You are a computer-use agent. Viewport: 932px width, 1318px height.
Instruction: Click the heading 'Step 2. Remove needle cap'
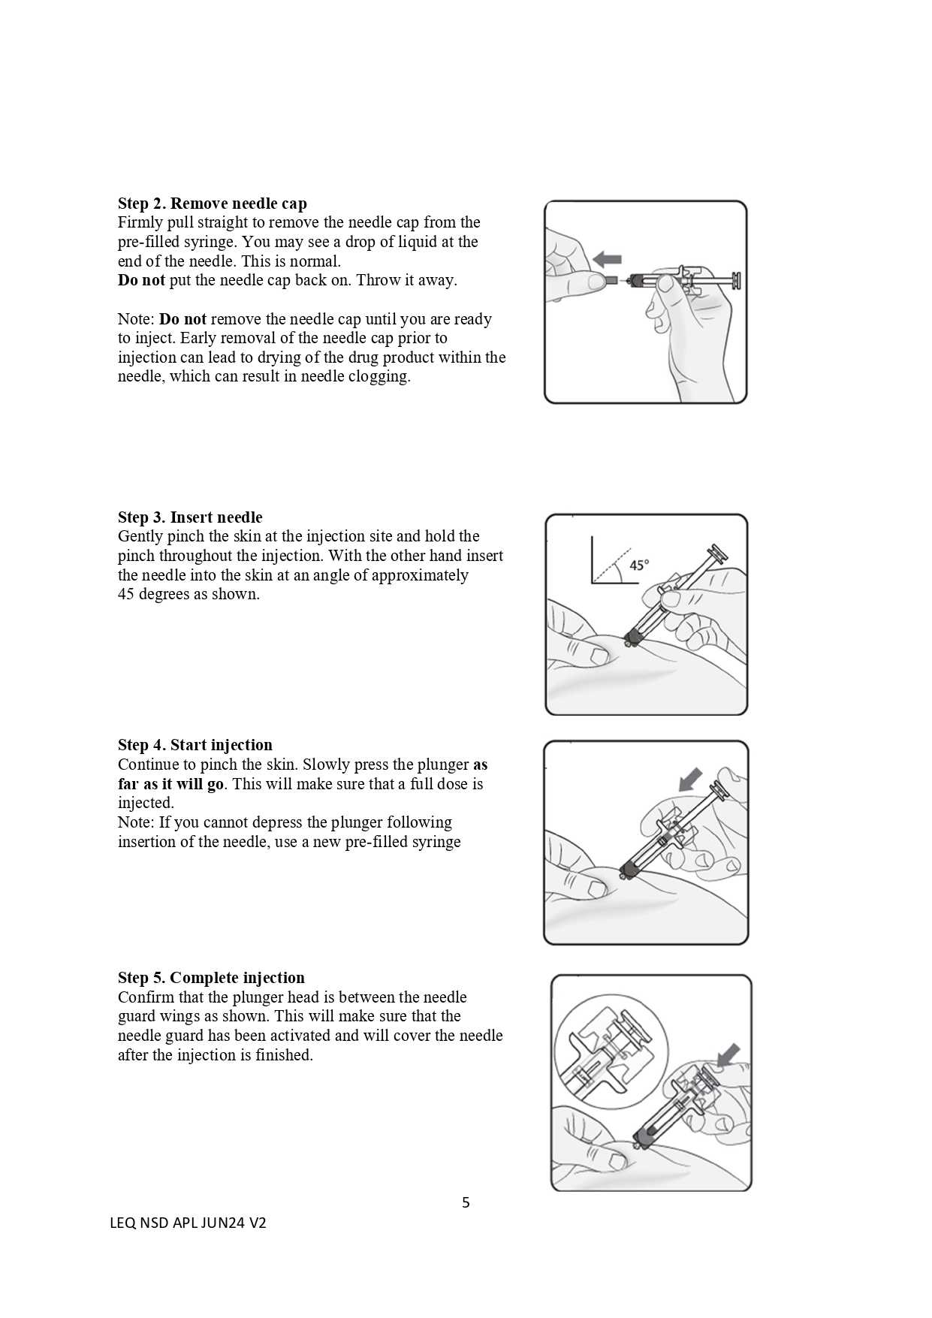point(212,204)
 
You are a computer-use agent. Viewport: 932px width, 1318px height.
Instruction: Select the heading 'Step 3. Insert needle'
point(190,517)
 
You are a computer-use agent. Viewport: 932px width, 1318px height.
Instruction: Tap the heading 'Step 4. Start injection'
point(195,745)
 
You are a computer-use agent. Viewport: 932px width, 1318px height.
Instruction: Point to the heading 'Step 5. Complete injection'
point(211,978)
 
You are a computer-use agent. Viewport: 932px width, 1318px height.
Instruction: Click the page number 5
point(466,1202)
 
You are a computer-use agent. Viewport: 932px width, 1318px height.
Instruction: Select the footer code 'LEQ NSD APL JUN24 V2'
point(188,1223)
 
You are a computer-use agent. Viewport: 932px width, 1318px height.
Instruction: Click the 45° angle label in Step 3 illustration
point(638,565)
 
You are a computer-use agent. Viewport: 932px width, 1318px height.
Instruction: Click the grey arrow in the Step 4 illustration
point(690,780)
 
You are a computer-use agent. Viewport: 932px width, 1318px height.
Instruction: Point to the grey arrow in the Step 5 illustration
point(728,1055)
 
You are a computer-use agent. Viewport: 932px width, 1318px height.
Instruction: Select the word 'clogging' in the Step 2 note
point(380,376)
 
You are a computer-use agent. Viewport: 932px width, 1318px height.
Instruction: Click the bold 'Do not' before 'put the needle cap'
point(141,280)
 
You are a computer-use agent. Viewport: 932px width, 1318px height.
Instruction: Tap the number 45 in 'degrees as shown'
point(126,594)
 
